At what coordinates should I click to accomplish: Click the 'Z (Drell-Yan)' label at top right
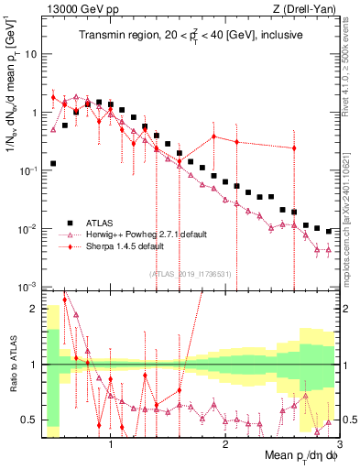click(305, 8)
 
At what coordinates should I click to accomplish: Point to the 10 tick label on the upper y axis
click(30, 54)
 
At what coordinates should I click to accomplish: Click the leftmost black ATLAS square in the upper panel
click(53, 164)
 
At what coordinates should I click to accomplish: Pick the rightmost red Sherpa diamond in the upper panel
click(294, 147)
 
